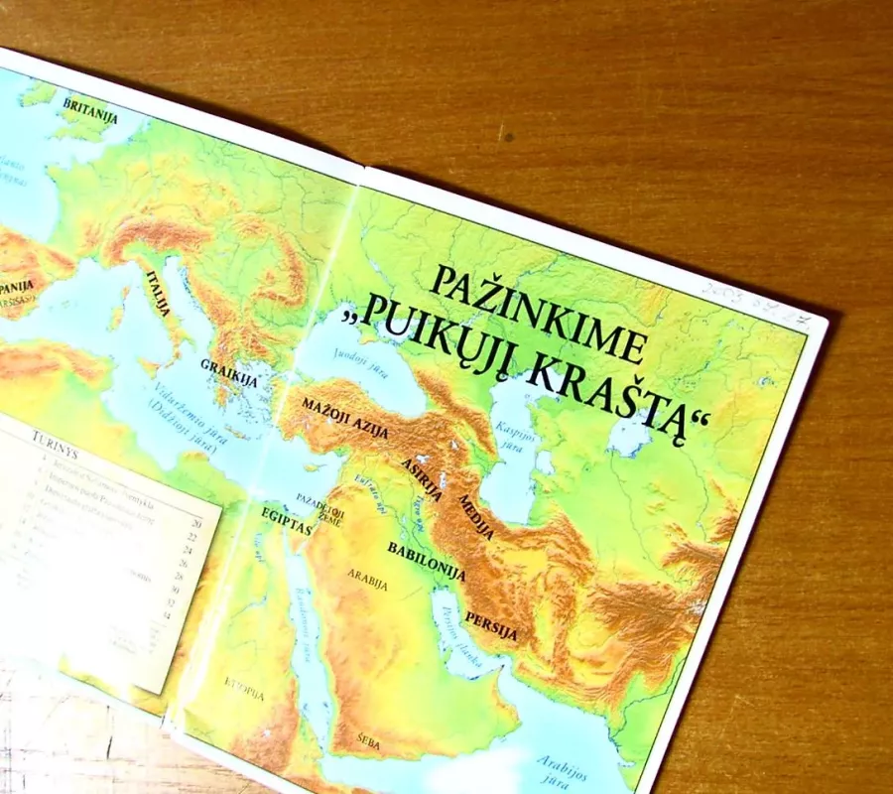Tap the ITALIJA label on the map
(x=160, y=291)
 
